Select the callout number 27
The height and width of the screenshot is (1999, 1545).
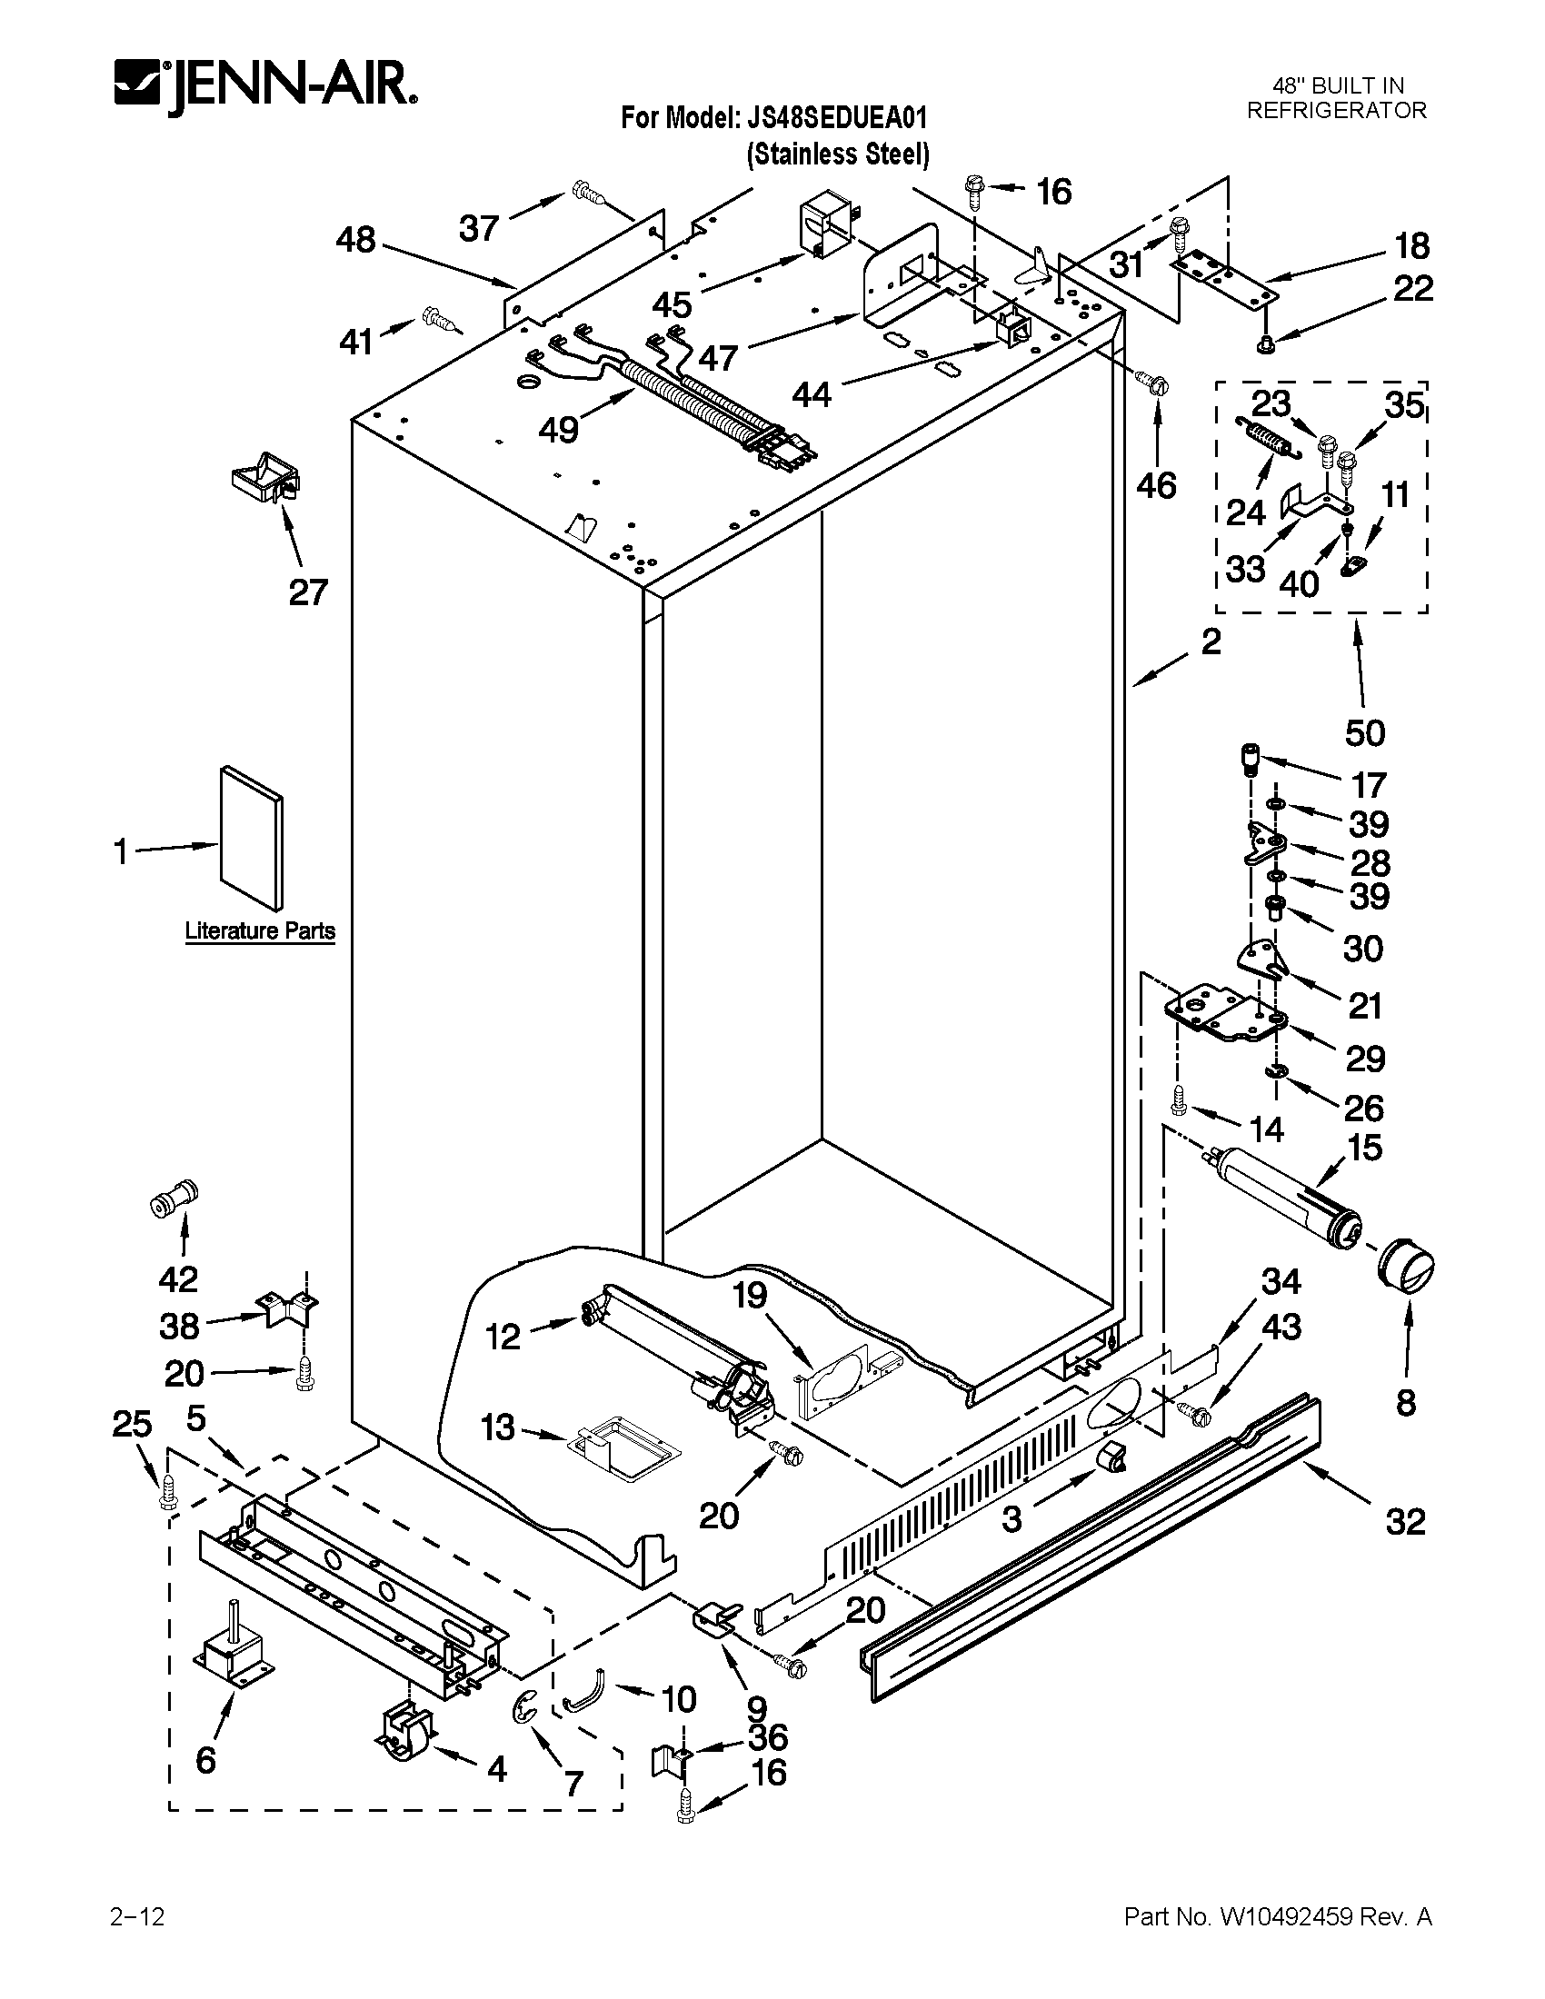coord(307,592)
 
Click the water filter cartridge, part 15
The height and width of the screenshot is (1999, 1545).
coord(1281,1198)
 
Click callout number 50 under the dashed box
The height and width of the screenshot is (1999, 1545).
coord(1365,732)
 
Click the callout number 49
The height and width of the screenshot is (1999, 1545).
coord(558,428)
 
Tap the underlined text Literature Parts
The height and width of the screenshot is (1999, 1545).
coord(260,930)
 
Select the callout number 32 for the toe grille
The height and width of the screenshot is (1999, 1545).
coord(1406,1521)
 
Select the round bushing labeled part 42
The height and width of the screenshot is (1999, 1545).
coord(173,1198)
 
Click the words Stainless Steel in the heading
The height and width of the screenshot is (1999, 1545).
coord(838,154)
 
